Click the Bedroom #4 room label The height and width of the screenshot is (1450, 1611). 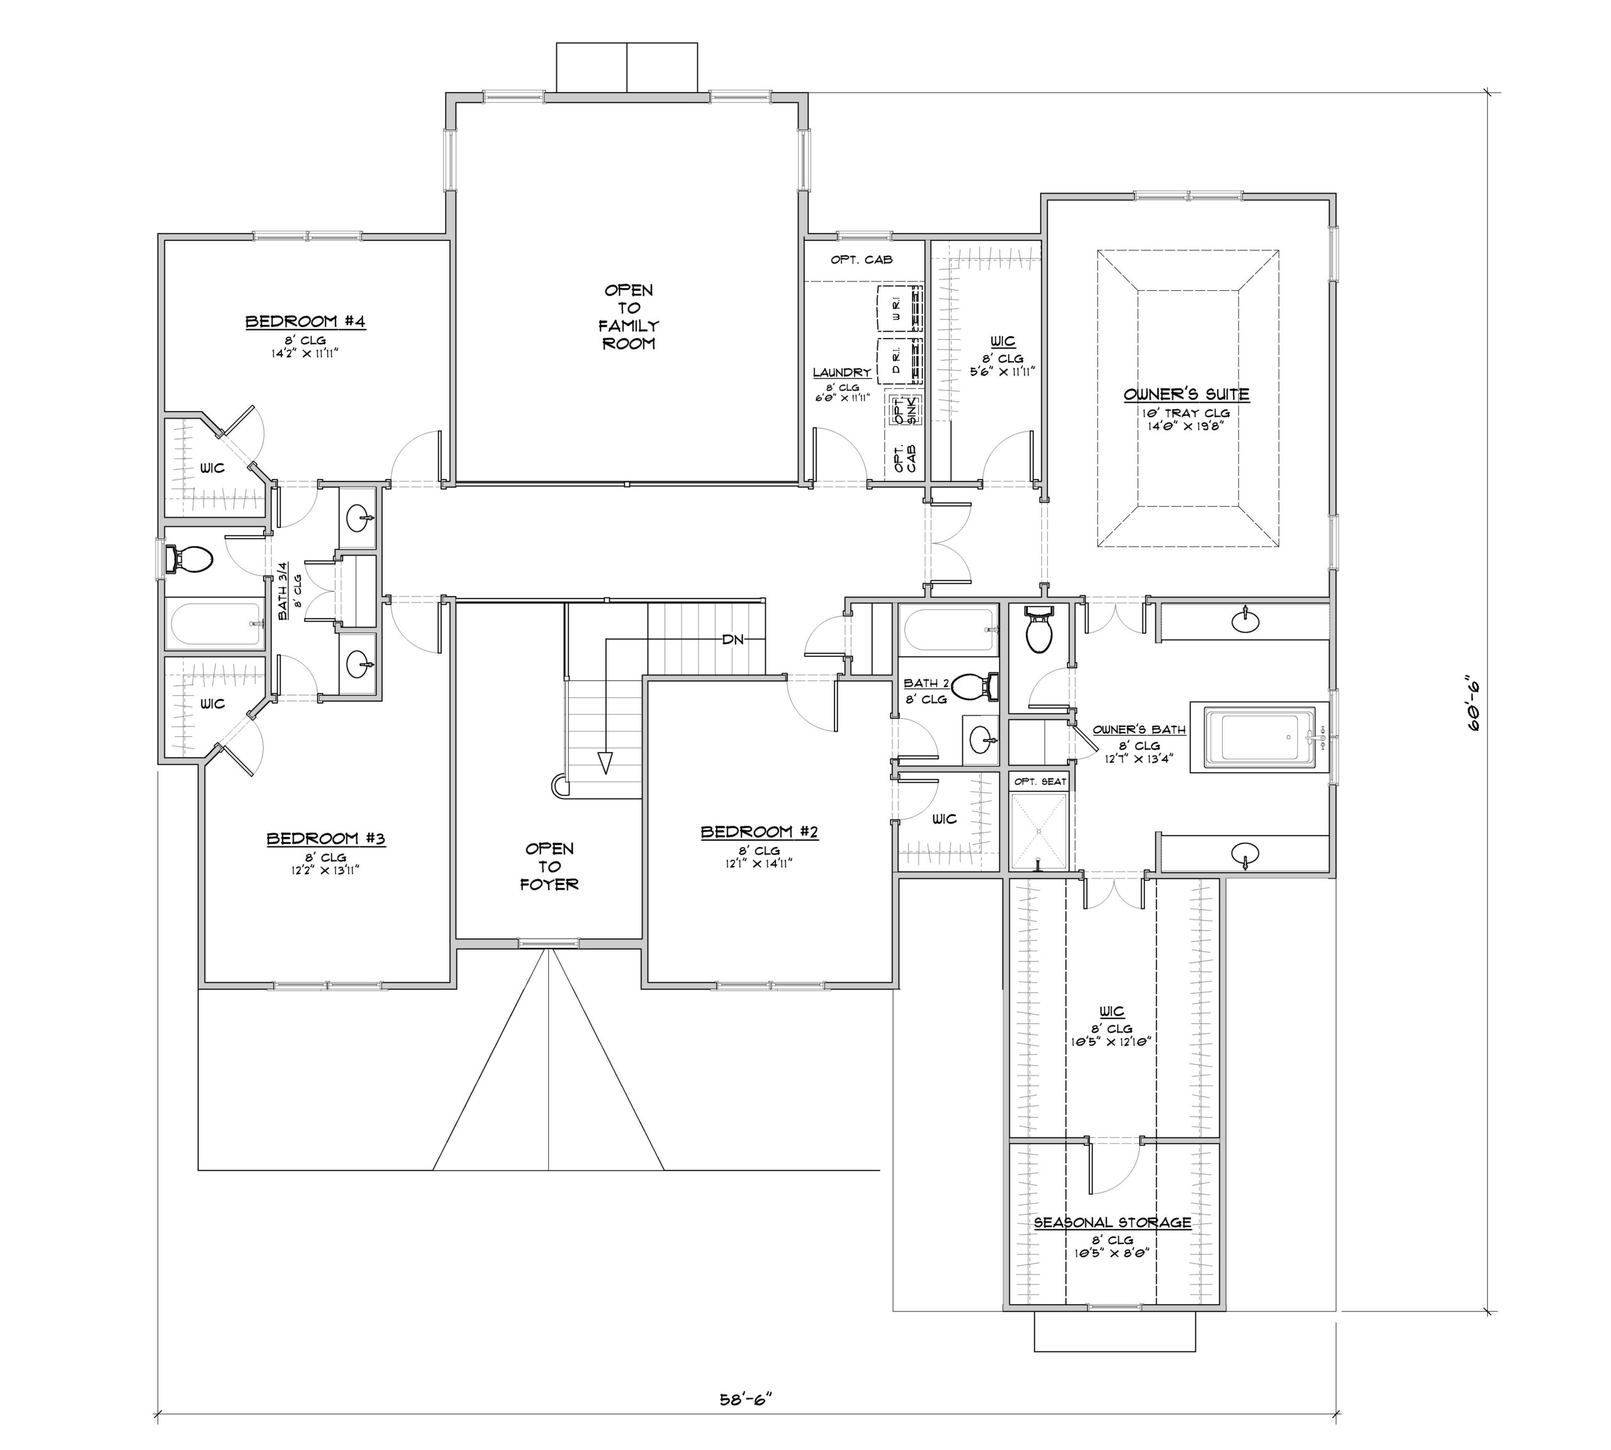(x=305, y=322)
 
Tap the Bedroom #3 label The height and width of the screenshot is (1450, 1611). (x=326, y=839)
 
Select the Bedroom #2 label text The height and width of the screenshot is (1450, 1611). (x=760, y=832)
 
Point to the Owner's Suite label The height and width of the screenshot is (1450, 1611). (x=1186, y=395)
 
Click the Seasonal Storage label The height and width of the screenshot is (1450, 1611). (x=1112, y=1222)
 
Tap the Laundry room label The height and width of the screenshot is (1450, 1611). (x=841, y=372)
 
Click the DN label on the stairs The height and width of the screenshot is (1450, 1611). (x=733, y=640)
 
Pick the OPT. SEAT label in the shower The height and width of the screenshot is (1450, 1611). (x=1040, y=782)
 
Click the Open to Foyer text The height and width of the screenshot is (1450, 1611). (x=549, y=867)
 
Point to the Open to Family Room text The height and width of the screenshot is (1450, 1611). (x=629, y=317)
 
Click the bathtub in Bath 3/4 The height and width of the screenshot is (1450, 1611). (x=215, y=624)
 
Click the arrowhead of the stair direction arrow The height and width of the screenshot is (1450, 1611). (x=605, y=763)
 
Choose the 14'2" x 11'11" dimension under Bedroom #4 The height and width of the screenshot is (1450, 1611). (x=305, y=353)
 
